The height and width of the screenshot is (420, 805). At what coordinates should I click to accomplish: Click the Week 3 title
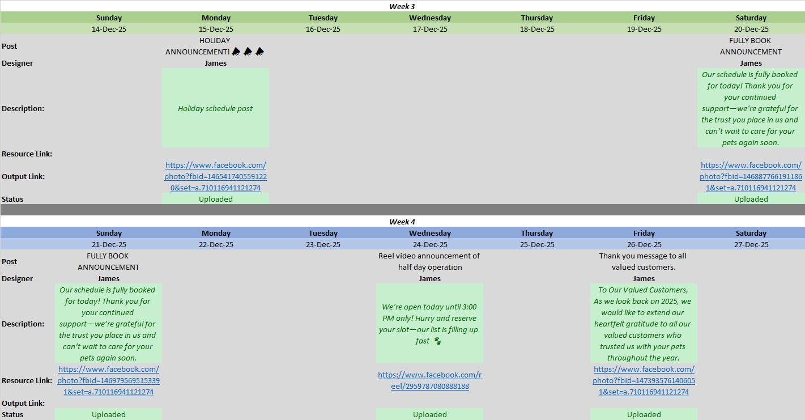tap(402, 6)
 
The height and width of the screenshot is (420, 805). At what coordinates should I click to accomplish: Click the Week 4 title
tap(402, 222)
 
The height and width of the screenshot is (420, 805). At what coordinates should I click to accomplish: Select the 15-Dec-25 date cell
tap(216, 29)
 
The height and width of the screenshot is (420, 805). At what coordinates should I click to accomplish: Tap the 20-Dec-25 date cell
tap(751, 29)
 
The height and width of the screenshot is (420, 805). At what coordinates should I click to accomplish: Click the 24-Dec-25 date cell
tap(430, 244)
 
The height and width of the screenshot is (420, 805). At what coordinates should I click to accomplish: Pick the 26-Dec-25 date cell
tap(644, 244)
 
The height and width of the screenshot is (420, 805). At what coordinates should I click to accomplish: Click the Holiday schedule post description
tap(215, 109)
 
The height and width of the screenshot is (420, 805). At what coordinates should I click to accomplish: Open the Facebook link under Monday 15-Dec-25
tap(216, 176)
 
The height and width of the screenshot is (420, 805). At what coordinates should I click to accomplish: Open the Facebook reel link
tap(430, 380)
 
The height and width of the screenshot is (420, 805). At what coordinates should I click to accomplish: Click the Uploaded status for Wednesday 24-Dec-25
tap(430, 414)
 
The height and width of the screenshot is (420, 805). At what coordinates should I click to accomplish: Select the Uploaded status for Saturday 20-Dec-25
tap(751, 199)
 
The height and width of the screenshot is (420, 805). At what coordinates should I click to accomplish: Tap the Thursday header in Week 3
tap(537, 18)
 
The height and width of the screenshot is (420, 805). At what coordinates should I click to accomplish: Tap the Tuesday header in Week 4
tap(323, 233)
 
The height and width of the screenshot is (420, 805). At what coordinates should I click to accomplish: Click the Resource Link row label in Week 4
tap(27, 380)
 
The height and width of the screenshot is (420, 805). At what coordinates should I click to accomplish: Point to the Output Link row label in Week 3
tap(23, 176)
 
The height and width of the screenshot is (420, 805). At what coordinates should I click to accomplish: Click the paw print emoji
tap(438, 341)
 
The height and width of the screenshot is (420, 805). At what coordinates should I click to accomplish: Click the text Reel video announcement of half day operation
tap(429, 261)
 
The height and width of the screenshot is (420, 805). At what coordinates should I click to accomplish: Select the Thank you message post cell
tap(643, 261)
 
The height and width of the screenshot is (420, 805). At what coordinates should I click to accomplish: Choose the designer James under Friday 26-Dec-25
tap(644, 279)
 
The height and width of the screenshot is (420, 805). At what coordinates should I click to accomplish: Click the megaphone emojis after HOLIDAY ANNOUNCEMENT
tap(248, 52)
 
